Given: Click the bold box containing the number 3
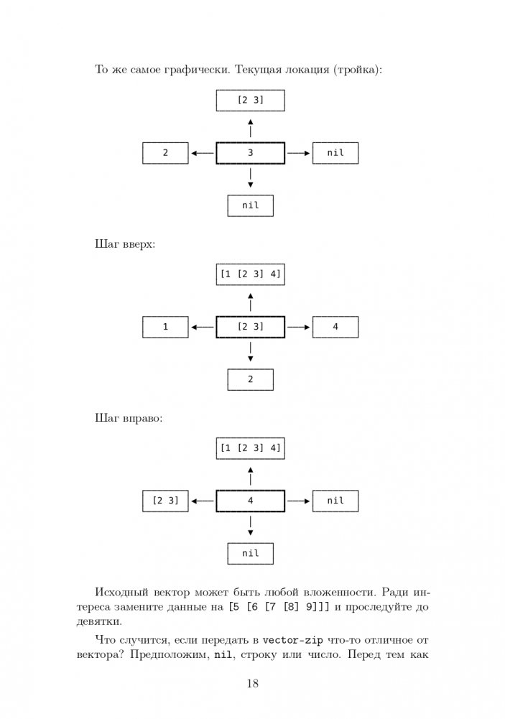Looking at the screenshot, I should point(250,153).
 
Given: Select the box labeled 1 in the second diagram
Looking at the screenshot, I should point(165,328).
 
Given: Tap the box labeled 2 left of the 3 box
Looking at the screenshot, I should point(165,153).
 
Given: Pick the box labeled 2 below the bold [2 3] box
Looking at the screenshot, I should point(250,379).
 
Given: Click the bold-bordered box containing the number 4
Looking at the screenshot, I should point(250,501).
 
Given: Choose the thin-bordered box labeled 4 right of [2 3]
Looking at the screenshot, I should point(335,328).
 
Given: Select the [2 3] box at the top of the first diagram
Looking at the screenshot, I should point(250,101).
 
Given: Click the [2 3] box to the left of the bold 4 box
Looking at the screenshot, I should point(165,501).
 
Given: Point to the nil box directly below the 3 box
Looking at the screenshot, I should point(250,205).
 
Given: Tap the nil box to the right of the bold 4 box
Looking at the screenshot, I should point(335,501).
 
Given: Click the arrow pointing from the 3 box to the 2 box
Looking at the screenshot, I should point(203,153).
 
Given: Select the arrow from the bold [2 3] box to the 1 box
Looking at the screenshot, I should point(203,328).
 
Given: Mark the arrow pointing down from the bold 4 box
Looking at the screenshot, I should point(250,527).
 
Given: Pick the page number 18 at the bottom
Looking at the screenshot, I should point(252,683).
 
